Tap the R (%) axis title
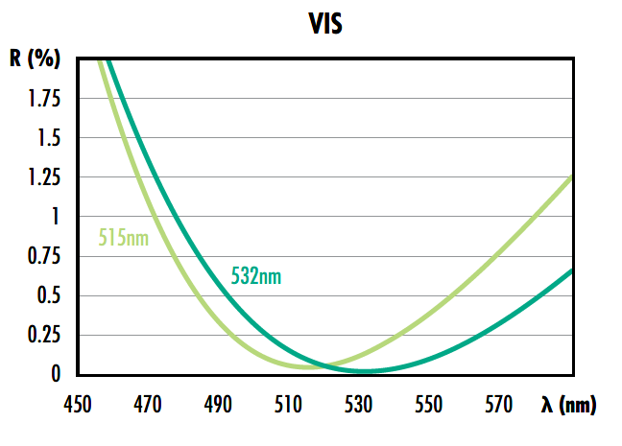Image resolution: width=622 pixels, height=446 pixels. click(x=36, y=59)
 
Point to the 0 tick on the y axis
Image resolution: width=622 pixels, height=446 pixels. click(x=55, y=374)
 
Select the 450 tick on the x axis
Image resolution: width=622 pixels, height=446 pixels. click(x=78, y=407)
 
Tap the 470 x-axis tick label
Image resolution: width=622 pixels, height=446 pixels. click(x=148, y=407)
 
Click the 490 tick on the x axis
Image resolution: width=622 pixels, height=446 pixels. click(x=218, y=407)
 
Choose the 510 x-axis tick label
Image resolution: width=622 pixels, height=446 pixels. click(x=288, y=407)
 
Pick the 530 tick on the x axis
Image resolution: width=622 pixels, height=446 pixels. click(x=359, y=407)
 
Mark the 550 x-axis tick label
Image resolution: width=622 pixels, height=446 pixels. click(x=429, y=407)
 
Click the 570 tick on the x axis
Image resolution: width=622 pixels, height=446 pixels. click(x=499, y=407)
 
